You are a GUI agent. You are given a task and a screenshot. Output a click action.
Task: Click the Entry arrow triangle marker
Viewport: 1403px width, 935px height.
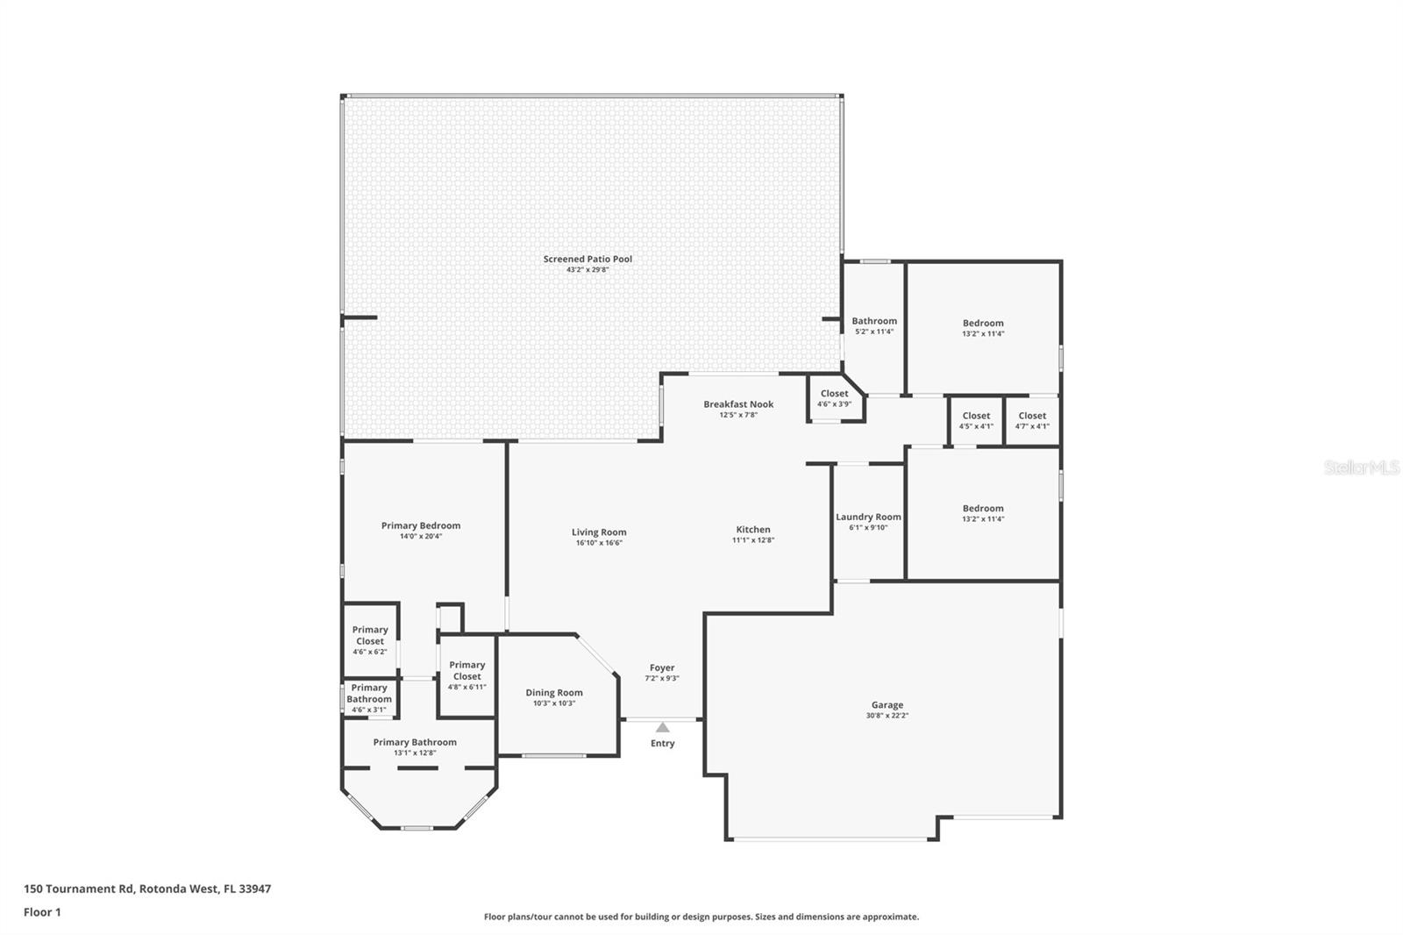(662, 727)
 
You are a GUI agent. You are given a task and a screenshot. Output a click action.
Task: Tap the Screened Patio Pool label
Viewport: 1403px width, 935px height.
(588, 259)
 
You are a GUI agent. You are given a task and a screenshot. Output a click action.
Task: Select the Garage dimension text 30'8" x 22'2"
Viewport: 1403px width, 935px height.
(887, 715)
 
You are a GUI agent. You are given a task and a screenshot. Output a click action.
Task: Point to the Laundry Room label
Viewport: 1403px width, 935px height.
(868, 517)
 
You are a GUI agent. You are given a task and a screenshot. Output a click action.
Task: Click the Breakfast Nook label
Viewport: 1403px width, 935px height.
(737, 404)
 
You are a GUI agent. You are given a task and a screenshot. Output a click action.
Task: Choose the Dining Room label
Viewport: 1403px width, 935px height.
(553, 692)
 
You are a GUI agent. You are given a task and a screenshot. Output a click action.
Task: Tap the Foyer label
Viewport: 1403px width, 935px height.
(662, 668)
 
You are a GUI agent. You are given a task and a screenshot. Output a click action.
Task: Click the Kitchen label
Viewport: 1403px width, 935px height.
(753, 530)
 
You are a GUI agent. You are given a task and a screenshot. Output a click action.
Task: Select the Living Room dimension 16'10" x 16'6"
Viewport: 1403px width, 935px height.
(599, 543)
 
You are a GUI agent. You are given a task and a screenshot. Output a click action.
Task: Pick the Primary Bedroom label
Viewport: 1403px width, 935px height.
(421, 525)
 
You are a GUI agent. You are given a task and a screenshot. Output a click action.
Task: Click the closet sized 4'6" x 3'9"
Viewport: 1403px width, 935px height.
(834, 398)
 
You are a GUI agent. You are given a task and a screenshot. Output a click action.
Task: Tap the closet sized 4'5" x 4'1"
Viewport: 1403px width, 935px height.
(976, 420)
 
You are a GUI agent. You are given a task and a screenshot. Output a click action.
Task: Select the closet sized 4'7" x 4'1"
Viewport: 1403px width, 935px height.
(1032, 420)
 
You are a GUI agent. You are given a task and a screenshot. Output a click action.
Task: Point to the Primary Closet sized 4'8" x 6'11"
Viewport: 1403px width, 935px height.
(466, 675)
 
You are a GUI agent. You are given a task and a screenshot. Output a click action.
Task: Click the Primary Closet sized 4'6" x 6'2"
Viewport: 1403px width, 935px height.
(369, 640)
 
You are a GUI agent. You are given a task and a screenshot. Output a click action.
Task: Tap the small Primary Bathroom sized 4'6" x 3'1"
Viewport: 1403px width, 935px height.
(369, 698)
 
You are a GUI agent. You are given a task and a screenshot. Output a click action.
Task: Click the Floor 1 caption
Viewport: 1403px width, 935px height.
(43, 912)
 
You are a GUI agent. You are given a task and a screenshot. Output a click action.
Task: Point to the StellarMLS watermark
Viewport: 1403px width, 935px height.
(1362, 467)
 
